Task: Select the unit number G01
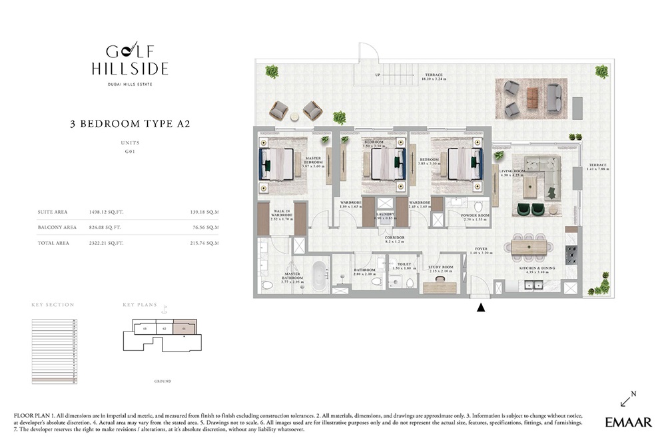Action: [130, 152]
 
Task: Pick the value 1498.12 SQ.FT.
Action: [106, 212]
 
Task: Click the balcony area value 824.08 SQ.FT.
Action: [106, 228]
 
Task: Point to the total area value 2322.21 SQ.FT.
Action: [106, 244]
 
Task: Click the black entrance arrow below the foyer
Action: [481, 308]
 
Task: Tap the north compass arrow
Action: [627, 399]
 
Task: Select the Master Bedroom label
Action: [313, 162]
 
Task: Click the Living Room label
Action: [512, 172]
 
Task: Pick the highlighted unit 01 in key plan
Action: [184, 328]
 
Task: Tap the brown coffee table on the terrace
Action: [532, 98]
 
